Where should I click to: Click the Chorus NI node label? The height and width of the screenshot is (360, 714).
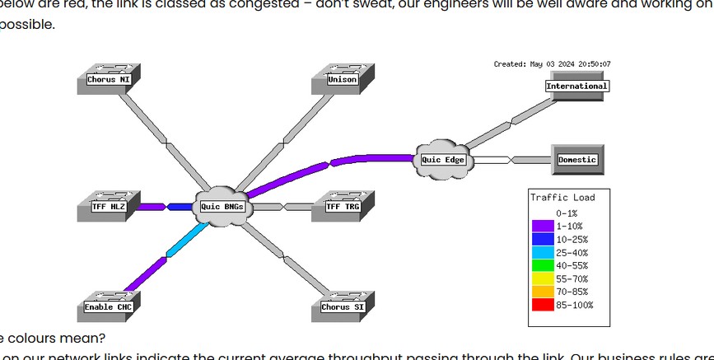click(109, 80)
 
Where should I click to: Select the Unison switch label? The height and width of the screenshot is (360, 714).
click(342, 80)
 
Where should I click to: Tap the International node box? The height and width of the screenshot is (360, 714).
click(576, 86)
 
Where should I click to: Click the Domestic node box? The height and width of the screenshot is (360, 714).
click(576, 160)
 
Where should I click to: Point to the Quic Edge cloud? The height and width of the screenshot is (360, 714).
click(443, 159)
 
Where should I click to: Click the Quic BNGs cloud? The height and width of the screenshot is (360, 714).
click(222, 206)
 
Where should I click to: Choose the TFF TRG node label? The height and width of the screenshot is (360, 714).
click(343, 206)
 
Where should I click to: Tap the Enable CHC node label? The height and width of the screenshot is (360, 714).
click(109, 307)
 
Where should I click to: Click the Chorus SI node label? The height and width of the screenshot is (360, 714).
click(343, 307)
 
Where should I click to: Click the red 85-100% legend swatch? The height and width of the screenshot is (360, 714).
click(543, 305)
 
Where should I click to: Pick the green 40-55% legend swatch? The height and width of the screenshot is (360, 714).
click(543, 265)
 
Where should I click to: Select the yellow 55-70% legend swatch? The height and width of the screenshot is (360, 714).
click(543, 278)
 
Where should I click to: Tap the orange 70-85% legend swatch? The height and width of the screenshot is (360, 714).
click(543, 292)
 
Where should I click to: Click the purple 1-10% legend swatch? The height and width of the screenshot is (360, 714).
click(543, 226)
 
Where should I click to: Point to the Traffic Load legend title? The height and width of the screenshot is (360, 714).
click(562, 198)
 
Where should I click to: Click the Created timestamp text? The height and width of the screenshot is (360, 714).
click(552, 63)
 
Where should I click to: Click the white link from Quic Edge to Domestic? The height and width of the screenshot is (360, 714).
click(502, 160)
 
